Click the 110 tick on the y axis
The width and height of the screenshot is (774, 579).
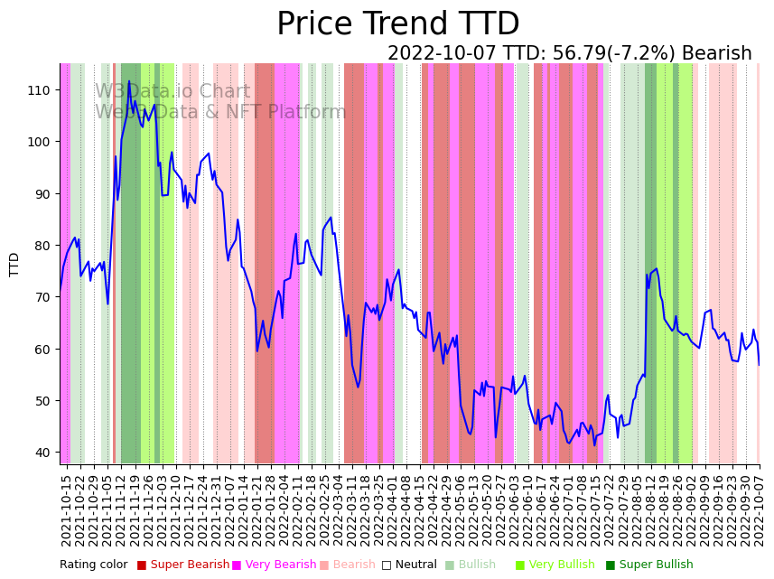click(x=39, y=89)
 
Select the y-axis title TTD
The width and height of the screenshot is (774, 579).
click(x=14, y=264)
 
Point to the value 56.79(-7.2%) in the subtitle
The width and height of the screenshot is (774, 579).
click(x=615, y=54)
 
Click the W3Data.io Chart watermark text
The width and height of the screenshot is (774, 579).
click(x=173, y=91)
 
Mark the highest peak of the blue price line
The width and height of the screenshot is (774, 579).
click(x=128, y=81)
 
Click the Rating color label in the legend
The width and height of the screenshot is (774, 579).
click(x=93, y=565)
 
